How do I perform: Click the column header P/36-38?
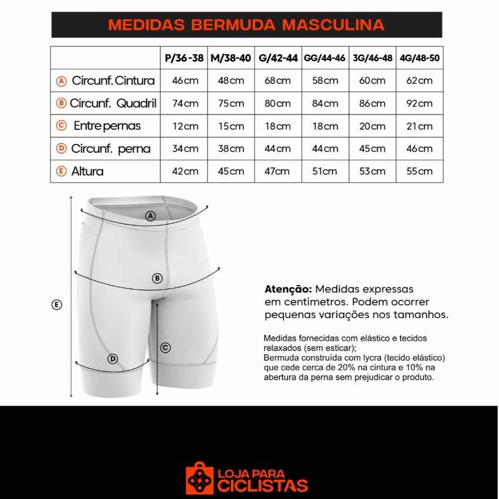tap(184, 58)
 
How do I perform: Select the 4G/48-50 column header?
tap(420, 58)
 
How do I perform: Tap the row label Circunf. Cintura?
tap(113, 81)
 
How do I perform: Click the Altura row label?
tap(87, 171)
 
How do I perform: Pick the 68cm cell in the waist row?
tap(277, 81)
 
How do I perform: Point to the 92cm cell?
tap(420, 103)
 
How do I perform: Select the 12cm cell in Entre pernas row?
tap(185, 126)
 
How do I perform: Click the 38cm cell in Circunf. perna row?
tap(231, 149)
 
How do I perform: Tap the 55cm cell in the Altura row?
tap(420, 171)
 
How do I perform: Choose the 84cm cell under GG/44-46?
tap(325, 103)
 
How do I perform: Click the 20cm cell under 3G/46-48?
tap(373, 126)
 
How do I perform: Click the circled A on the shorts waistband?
tap(150, 216)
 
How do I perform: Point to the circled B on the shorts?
tap(157, 279)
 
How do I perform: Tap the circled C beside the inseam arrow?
tap(166, 347)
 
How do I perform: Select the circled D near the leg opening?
tap(113, 359)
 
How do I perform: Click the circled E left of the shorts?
tap(56, 305)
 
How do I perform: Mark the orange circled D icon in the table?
tap(61, 149)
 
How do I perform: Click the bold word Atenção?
tap(288, 289)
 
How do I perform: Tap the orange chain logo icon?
tap(199, 478)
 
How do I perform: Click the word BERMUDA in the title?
tap(233, 25)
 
